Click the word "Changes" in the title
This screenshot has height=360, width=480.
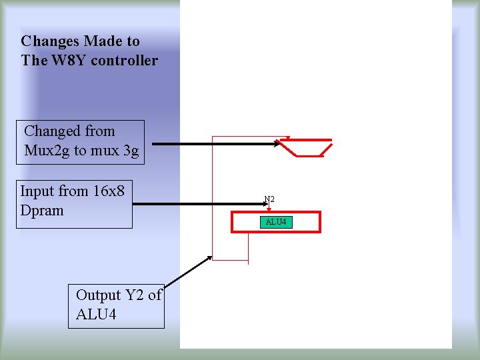pyautogui.click(x=51, y=41)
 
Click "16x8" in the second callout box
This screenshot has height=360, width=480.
pyautogui.click(x=109, y=191)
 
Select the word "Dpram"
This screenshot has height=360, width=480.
pyautogui.click(x=42, y=210)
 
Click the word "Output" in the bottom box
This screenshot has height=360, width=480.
pyautogui.click(x=99, y=295)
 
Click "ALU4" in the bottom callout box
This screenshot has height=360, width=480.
pyautogui.click(x=96, y=314)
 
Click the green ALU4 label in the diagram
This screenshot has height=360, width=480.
pyautogui.click(x=276, y=221)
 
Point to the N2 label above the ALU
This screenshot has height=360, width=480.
pyautogui.click(x=269, y=199)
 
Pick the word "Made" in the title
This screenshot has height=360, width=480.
pyautogui.click(x=102, y=41)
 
